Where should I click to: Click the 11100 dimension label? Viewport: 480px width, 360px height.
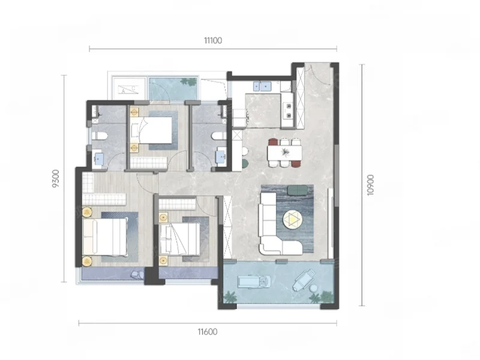pos(213,40)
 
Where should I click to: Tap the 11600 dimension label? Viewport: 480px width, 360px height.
pos(208,332)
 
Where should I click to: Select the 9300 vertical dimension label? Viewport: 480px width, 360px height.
pos(55,178)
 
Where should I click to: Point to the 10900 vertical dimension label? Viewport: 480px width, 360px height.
pos(370,185)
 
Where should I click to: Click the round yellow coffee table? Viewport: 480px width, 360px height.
pos(292,220)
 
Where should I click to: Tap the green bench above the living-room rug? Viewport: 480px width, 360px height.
pos(298,190)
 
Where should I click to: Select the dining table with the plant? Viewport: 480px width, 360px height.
pos(284,153)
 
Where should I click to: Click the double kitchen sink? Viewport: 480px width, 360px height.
pos(262,86)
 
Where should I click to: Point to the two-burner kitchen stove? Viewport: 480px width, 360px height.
pos(289,110)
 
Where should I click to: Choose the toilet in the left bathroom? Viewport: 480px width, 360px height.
pos(100,136)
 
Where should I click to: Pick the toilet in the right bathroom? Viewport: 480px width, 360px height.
pos(219,136)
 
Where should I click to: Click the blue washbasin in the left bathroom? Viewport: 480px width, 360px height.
pos(98,158)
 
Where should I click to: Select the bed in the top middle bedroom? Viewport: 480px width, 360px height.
pos(151,130)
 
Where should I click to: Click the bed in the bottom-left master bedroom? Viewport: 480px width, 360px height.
pos(105,236)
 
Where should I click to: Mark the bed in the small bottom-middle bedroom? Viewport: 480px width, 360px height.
pos(179,238)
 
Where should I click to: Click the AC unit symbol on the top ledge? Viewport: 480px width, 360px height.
pos(129,89)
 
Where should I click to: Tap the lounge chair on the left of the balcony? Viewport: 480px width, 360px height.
pos(254,281)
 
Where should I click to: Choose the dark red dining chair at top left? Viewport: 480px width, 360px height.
pos(273,142)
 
